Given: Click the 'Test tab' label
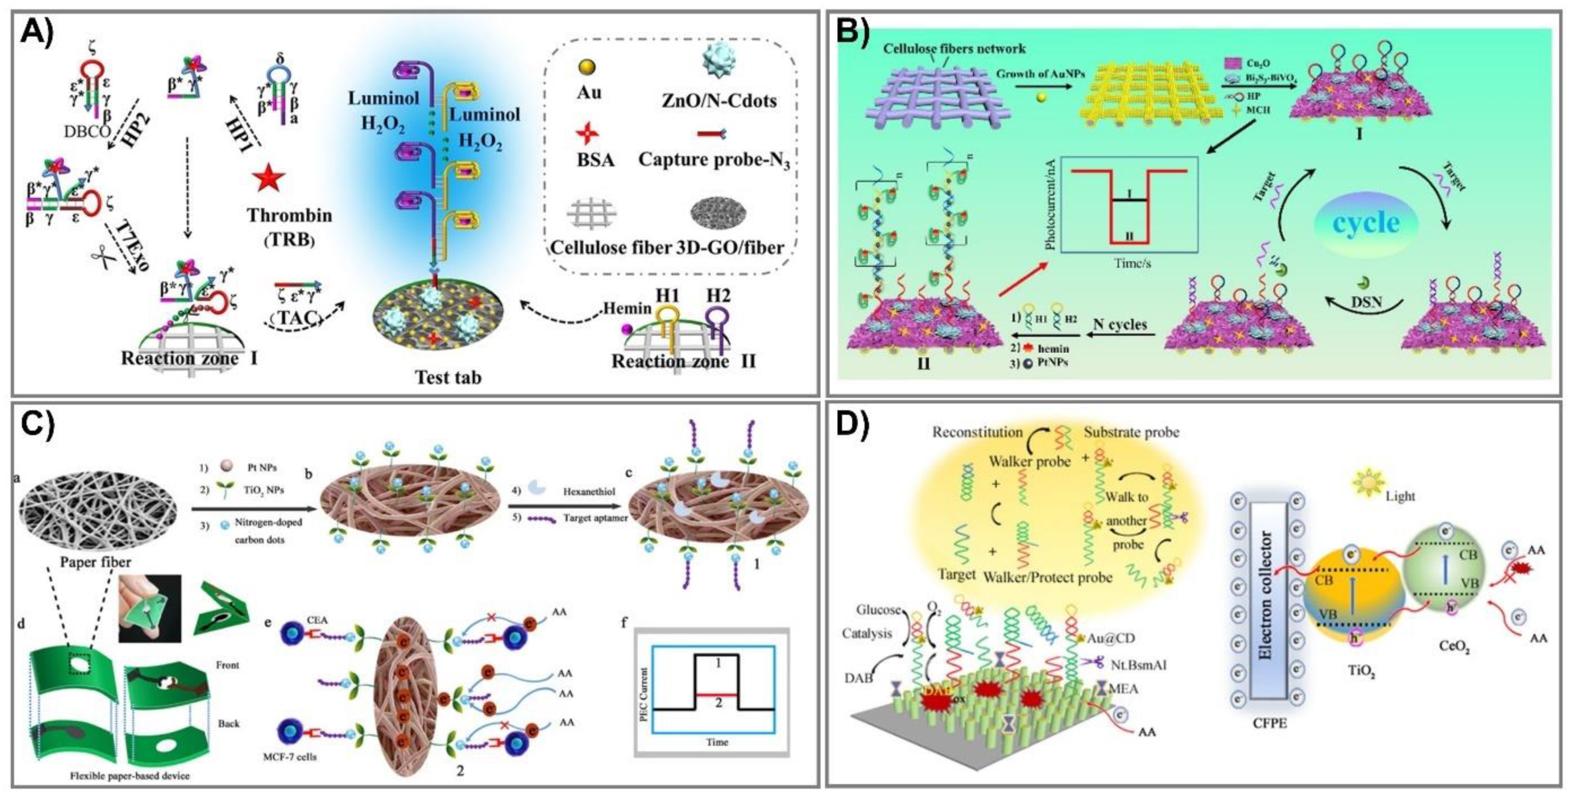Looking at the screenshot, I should tap(448, 376).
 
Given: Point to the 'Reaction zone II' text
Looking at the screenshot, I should tap(683, 361).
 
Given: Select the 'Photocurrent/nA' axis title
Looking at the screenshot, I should tap(1050, 204).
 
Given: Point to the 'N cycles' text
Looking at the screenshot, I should tap(1120, 324).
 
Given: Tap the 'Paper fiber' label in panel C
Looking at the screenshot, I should tap(95, 561).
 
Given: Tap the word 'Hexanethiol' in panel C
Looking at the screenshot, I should tap(589, 491).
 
